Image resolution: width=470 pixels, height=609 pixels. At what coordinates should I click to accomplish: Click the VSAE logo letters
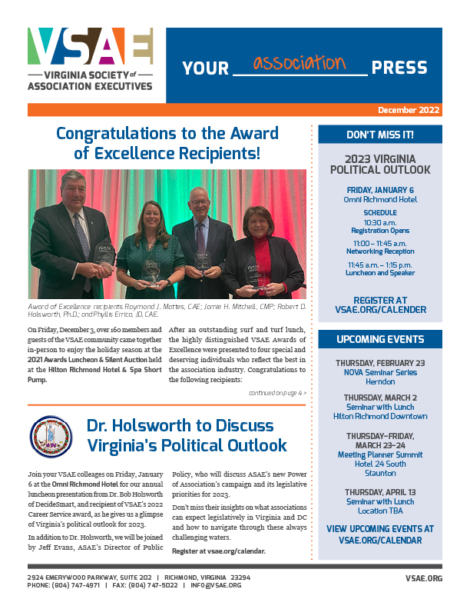[x=90, y=48]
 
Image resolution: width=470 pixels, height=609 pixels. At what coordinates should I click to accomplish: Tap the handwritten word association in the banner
[x=300, y=62]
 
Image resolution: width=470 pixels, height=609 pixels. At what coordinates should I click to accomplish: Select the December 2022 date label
[x=409, y=110]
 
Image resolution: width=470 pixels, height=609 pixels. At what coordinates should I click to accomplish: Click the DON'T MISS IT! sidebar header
[x=380, y=135]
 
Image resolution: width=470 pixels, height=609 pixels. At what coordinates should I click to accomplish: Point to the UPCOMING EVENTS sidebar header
[x=380, y=339]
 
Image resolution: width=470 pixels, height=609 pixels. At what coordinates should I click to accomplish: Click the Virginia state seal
[x=51, y=437]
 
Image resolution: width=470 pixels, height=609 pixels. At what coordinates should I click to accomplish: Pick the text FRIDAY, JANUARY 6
[x=380, y=190]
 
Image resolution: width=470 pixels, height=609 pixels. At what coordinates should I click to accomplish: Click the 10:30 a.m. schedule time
[x=380, y=221]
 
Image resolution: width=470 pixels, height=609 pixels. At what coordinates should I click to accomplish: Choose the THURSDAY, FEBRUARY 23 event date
[x=380, y=363]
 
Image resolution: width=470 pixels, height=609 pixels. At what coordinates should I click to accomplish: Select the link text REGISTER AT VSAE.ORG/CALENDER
[x=380, y=304]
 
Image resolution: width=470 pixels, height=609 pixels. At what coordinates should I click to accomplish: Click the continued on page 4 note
[x=277, y=393]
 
